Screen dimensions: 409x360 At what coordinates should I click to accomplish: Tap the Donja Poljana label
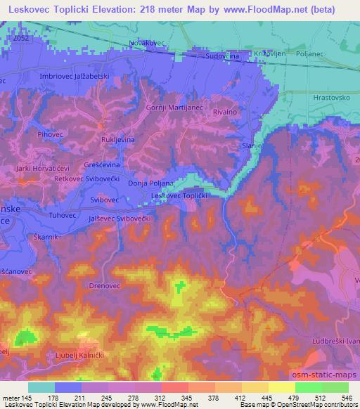pyautogui.click(x=151, y=183)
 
